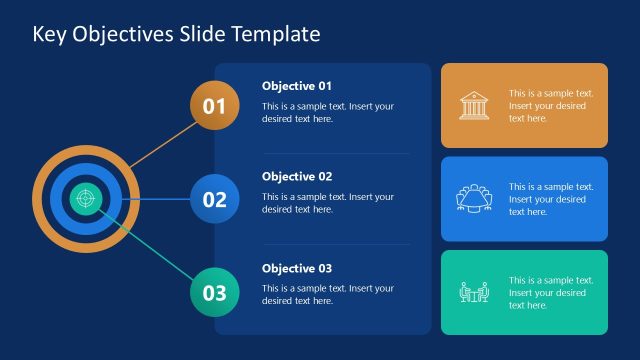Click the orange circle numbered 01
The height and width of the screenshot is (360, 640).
coord(215,106)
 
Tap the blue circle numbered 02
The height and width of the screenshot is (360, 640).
coord(215,199)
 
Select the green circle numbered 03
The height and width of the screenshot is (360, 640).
coord(215,292)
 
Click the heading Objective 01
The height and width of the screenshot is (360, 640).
coord(297,86)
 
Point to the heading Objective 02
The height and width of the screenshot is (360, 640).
coord(297,177)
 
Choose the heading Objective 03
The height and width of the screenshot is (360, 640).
coord(297,268)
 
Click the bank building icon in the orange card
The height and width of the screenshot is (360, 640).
coord(475,105)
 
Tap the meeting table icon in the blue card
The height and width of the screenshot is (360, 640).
coord(475,199)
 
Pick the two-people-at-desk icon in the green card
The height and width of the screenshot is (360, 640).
coord(475,292)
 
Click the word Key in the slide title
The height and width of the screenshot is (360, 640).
coord(48,34)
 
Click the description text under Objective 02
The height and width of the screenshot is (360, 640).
coord(328,203)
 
